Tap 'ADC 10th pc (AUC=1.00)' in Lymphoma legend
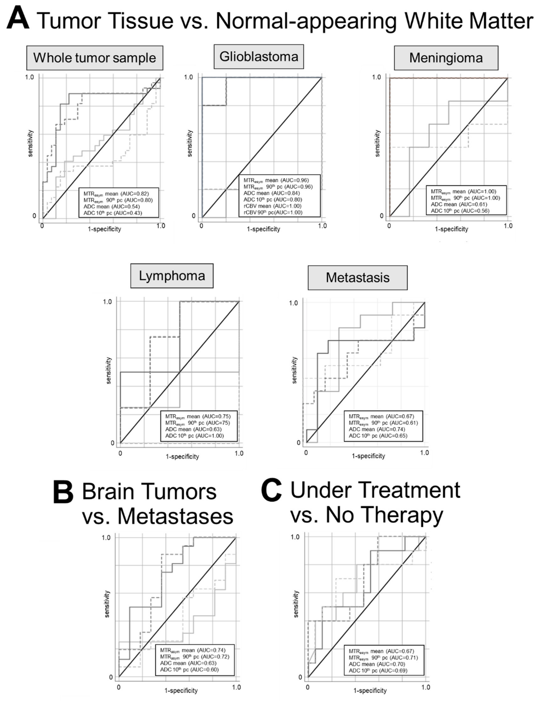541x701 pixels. pos(194,435)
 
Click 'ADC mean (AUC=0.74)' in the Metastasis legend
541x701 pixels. pos(377,429)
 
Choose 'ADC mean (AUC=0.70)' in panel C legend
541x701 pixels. pos(377,664)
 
